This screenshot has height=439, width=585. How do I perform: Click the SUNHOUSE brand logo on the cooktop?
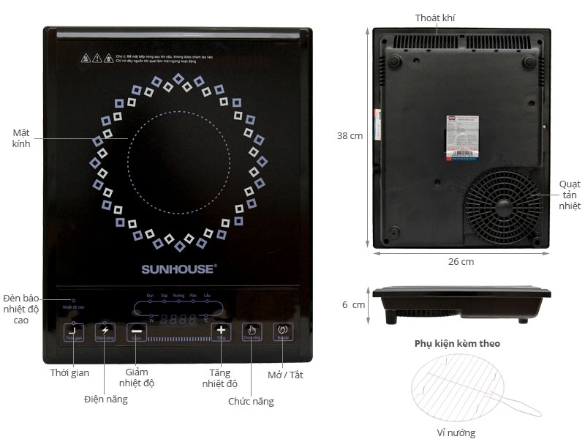click(178, 269)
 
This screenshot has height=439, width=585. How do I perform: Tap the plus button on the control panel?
click(221, 331)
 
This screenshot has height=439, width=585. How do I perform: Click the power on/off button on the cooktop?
click(284, 331)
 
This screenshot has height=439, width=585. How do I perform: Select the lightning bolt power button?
click(105, 331)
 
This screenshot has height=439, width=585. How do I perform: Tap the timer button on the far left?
click(73, 331)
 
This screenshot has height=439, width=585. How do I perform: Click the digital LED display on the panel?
click(178, 319)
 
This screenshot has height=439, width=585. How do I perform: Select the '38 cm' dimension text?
click(350, 135)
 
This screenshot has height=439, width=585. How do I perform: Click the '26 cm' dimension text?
click(461, 261)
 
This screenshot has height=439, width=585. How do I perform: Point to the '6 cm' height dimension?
click(352, 304)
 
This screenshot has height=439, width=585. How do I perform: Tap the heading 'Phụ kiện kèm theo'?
click(457, 342)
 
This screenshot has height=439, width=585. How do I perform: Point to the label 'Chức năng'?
click(251, 401)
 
